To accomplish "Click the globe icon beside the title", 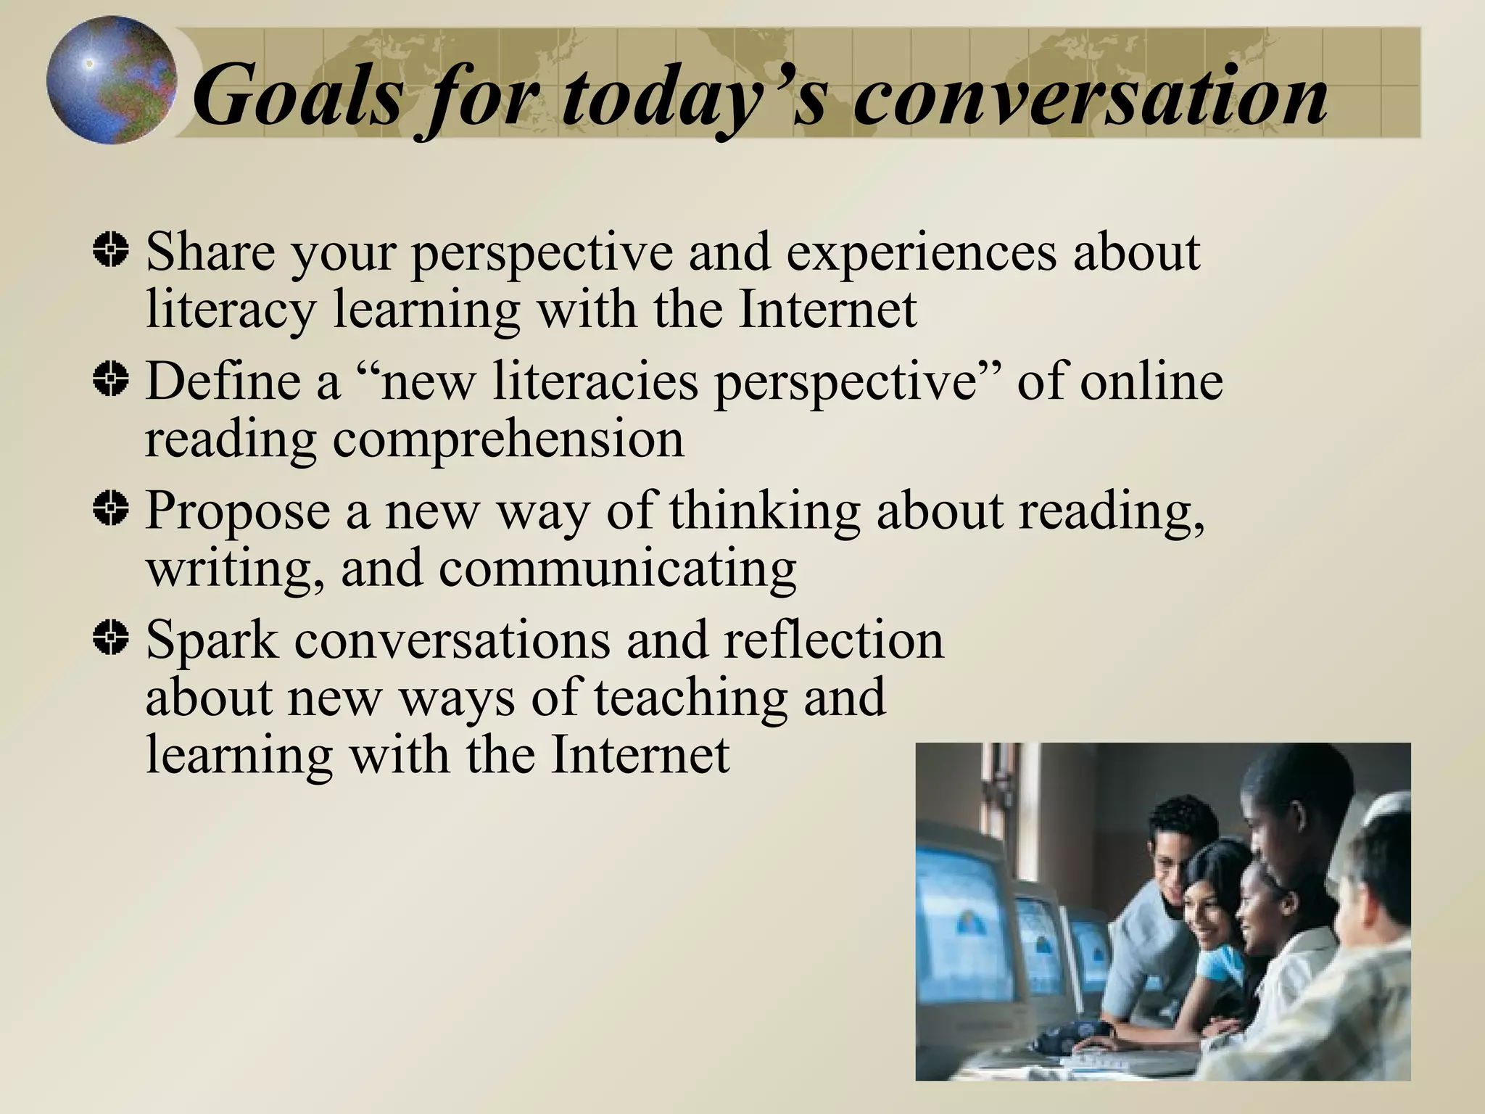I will [111, 80].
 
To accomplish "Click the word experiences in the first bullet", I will [921, 254].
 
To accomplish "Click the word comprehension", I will [508, 440].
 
